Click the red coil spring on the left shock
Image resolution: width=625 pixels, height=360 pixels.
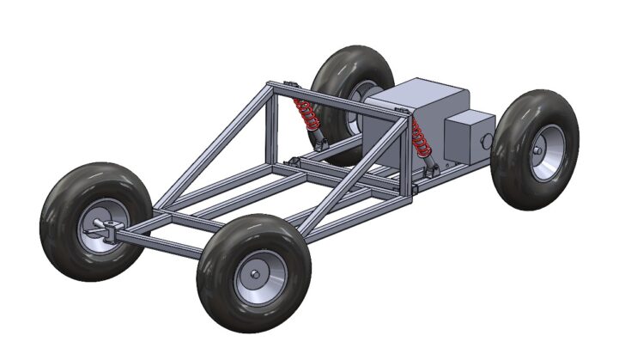click(305, 112)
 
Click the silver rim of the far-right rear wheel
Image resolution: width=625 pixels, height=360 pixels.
click(546, 153)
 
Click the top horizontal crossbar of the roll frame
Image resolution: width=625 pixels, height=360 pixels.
click(335, 100)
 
